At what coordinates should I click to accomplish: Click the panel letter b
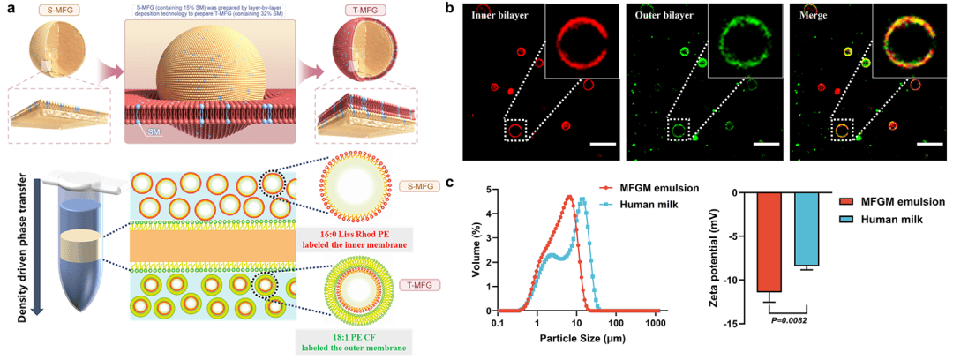pyautogui.click(x=475, y=11)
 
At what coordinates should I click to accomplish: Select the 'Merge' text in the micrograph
pyautogui.click(x=809, y=15)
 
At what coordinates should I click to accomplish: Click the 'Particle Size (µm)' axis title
pyautogui.click(x=579, y=341)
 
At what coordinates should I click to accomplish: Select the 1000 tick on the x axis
pyautogui.click(x=655, y=325)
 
